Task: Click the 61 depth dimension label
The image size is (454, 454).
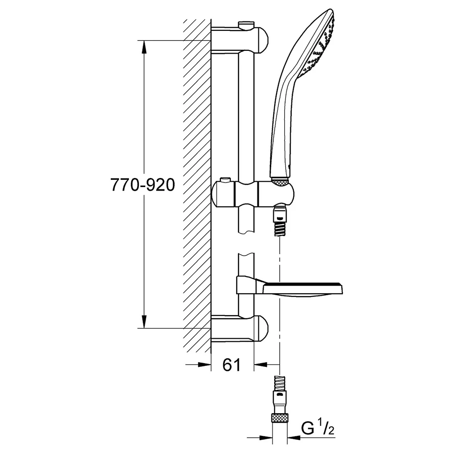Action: click(x=232, y=365)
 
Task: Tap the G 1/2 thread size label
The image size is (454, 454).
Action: click(x=318, y=429)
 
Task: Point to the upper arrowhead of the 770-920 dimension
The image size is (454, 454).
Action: click(x=144, y=47)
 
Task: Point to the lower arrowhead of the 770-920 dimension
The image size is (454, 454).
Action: click(x=144, y=321)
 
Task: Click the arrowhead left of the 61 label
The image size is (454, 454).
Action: click(x=204, y=365)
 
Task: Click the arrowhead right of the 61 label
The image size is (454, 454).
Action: click(x=261, y=365)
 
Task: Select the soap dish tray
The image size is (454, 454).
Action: click(x=302, y=290)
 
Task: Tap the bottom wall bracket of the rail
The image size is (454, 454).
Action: click(x=240, y=329)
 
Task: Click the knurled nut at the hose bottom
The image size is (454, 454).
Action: click(x=280, y=419)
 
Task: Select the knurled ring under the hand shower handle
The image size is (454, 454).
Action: click(x=280, y=183)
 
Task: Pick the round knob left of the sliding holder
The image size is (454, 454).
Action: click(x=223, y=195)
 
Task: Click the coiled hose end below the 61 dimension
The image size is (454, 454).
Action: click(x=280, y=383)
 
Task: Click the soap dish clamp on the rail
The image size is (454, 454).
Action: click(x=246, y=285)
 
